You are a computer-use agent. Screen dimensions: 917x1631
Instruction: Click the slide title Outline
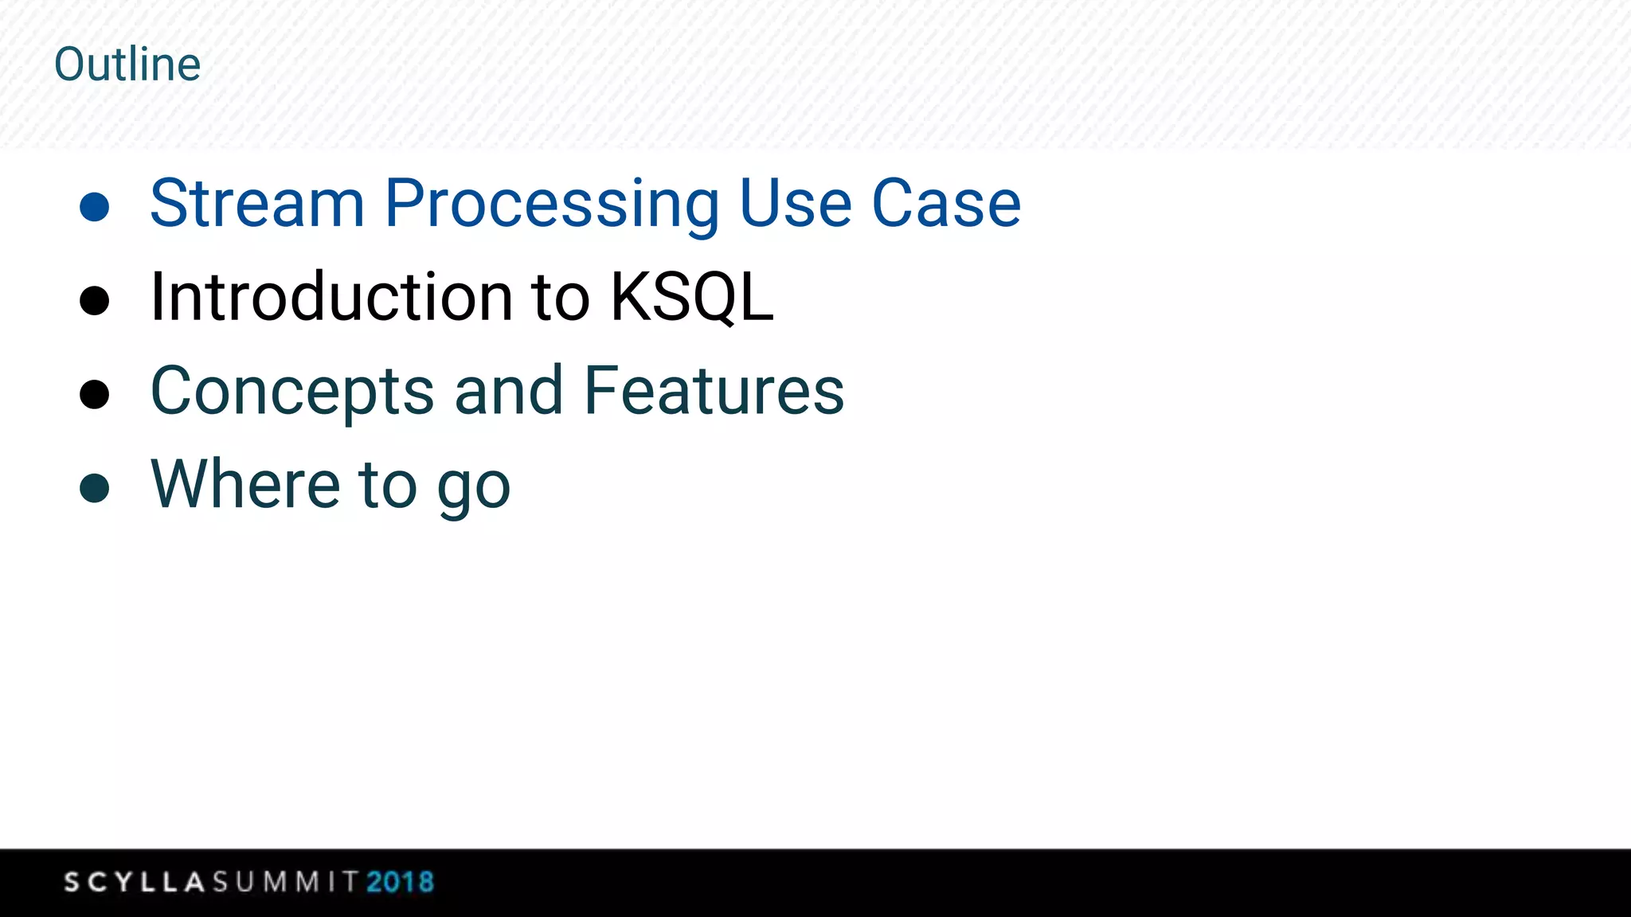pyautogui.click(x=127, y=64)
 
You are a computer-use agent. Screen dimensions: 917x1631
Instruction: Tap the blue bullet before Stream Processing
pyautogui.click(x=95, y=206)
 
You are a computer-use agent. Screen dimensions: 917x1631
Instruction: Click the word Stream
pyautogui.click(x=257, y=204)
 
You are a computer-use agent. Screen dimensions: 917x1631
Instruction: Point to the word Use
pyautogui.click(x=796, y=204)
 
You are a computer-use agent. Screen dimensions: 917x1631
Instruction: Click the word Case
pyautogui.click(x=946, y=204)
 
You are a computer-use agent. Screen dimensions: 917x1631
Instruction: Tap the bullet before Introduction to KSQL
pyautogui.click(x=95, y=300)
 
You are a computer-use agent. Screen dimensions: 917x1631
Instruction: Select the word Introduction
pyautogui.click(x=331, y=297)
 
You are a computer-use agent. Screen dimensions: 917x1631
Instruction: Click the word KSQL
pyautogui.click(x=691, y=297)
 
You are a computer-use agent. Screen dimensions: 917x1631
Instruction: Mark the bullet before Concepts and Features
pyautogui.click(x=95, y=394)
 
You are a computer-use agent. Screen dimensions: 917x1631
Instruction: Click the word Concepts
pyautogui.click(x=292, y=392)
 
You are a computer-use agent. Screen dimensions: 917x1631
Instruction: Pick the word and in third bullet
pyautogui.click(x=509, y=391)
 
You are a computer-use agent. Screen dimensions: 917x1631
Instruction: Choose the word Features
pyautogui.click(x=714, y=391)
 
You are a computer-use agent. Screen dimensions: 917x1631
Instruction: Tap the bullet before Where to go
pyautogui.click(x=95, y=488)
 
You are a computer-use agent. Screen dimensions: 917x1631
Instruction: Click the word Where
pyautogui.click(x=245, y=484)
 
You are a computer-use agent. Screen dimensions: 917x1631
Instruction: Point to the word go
pyautogui.click(x=473, y=489)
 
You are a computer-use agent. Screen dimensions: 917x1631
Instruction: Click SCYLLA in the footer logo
pyautogui.click(x=135, y=882)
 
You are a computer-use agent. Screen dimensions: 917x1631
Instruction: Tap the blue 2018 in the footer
pyautogui.click(x=400, y=882)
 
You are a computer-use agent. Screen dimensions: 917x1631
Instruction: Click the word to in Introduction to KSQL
pyautogui.click(x=560, y=297)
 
